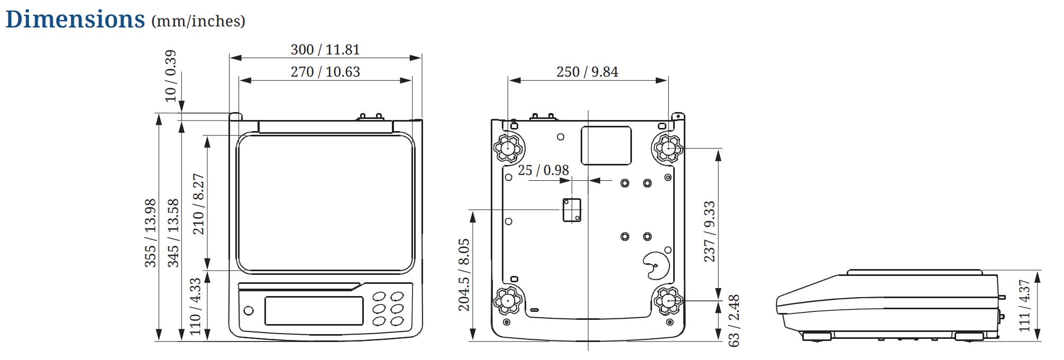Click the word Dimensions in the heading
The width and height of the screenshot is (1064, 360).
click(x=75, y=19)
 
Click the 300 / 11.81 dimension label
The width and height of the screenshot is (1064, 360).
click(x=325, y=50)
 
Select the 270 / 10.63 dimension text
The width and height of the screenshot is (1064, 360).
click(x=325, y=72)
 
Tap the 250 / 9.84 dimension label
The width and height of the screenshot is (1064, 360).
click(x=587, y=72)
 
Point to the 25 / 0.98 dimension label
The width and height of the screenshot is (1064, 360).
click(x=543, y=170)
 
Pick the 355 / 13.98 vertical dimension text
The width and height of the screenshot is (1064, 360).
click(x=151, y=233)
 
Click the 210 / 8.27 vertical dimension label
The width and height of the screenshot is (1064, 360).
click(x=198, y=204)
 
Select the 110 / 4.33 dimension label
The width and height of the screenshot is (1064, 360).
click(x=195, y=307)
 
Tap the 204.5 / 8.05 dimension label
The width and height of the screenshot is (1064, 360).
click(x=464, y=275)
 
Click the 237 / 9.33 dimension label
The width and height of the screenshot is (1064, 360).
click(x=709, y=232)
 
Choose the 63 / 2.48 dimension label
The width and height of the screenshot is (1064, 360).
click(x=733, y=321)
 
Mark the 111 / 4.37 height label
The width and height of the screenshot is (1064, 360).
click(x=1024, y=306)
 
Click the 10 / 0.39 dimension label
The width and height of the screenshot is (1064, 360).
click(x=170, y=76)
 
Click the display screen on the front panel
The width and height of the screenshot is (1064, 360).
click(x=314, y=310)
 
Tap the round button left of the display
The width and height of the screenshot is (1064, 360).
click(x=248, y=310)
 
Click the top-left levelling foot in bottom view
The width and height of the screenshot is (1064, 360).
click(x=509, y=148)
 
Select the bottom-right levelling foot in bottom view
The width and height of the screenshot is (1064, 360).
click(x=668, y=301)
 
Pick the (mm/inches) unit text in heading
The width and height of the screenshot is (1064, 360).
click(x=198, y=21)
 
